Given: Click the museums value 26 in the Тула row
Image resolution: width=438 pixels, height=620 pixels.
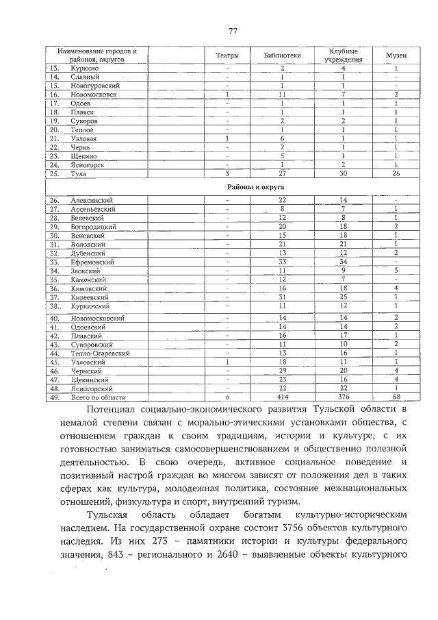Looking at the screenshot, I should pyautogui.click(x=396, y=173).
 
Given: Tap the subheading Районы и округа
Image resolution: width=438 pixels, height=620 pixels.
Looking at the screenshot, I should pyautogui.click(x=250, y=186).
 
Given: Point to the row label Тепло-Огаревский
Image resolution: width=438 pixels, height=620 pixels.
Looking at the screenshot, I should pyautogui.click(x=100, y=352).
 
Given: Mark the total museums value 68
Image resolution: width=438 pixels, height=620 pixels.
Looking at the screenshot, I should pyautogui.click(x=396, y=397).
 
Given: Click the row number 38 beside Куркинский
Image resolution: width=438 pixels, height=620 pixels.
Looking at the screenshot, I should pyautogui.click(x=54, y=306).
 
